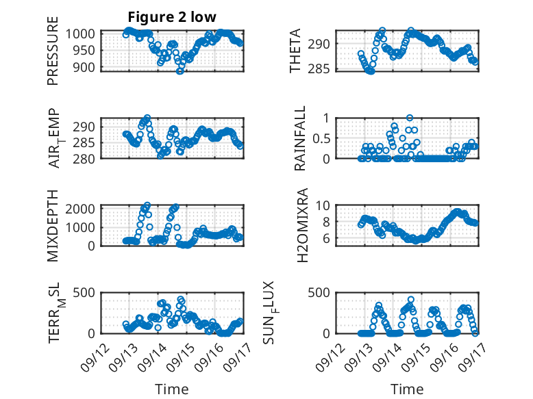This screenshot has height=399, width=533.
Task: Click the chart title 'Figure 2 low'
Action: [x=173, y=17]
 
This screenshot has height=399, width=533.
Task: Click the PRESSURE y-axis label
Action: [x=53, y=56]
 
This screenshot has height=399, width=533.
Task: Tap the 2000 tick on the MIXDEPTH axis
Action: [x=82, y=209]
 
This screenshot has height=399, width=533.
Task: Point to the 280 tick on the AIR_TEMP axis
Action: [x=86, y=158]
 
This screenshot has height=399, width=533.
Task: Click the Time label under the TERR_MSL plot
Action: [x=172, y=389]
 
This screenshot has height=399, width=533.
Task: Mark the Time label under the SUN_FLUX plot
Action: [x=406, y=389]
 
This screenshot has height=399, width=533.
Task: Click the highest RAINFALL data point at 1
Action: [x=410, y=118]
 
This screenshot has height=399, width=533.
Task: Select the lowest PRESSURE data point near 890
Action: [x=179, y=70]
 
